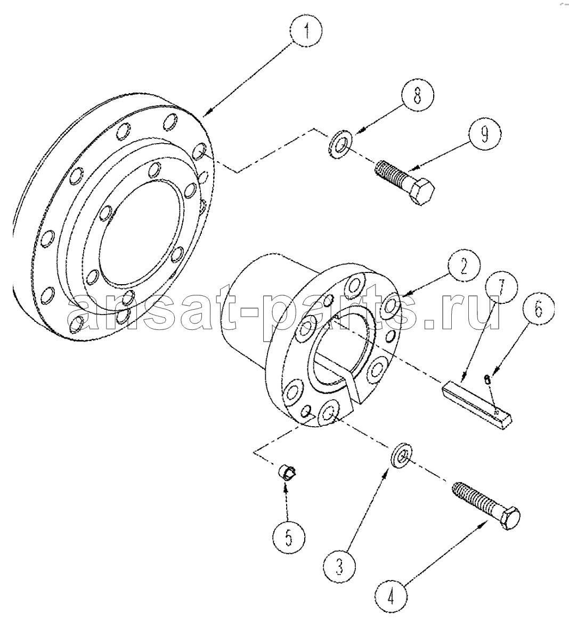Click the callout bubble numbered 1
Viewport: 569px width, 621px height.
(306, 30)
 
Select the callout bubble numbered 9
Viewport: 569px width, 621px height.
(484, 134)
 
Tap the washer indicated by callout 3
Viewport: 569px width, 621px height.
(401, 457)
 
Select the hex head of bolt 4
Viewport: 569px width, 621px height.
(508, 517)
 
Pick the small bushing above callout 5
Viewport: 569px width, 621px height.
(288, 473)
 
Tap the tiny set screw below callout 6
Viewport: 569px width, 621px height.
(488, 380)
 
